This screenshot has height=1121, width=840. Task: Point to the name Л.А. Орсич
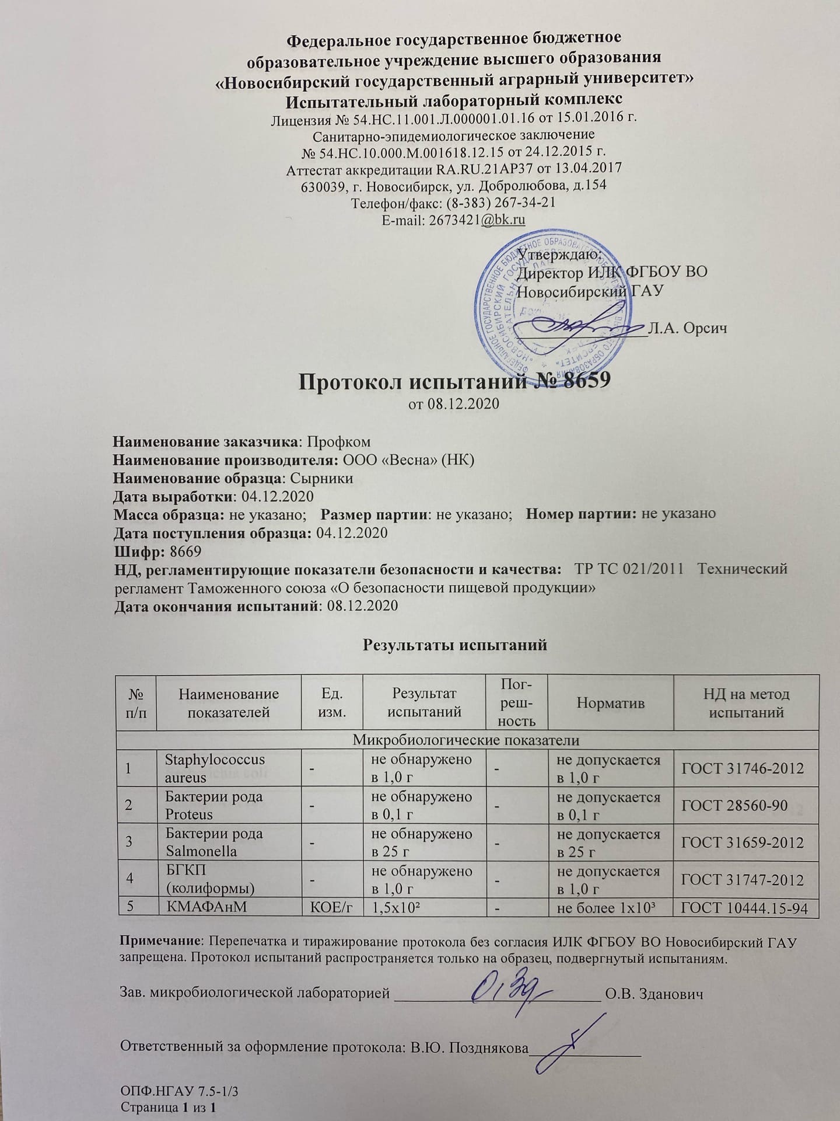(x=688, y=328)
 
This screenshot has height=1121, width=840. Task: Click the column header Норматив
(x=610, y=703)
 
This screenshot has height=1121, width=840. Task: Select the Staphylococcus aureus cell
(x=215, y=768)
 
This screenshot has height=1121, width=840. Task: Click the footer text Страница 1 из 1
(x=169, y=1108)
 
